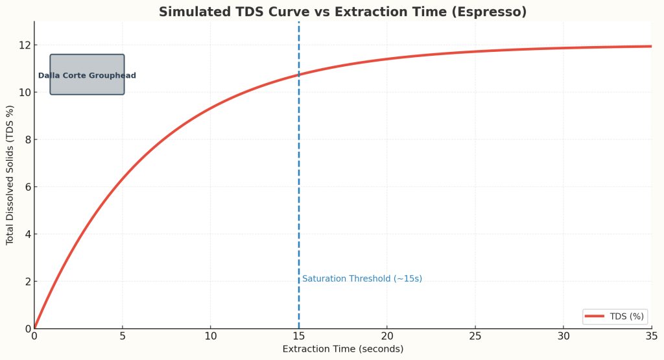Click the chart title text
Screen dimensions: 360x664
tap(342, 12)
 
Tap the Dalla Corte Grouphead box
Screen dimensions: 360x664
tap(87, 75)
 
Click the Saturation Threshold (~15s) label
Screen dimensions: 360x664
tap(362, 279)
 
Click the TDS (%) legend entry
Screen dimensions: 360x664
tap(614, 317)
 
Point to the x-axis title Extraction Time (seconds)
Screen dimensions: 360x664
tap(342, 349)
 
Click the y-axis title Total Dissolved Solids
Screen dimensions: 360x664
tap(10, 175)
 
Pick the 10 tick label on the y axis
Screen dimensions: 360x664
tap(24, 93)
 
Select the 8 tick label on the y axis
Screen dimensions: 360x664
tap(27, 140)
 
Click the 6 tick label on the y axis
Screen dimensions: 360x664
tap(27, 187)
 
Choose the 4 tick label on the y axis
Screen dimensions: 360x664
tap(27, 234)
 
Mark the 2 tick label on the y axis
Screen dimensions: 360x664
tap(27, 282)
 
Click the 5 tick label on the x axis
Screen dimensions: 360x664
tap(123, 336)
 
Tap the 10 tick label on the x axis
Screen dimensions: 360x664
tap(211, 336)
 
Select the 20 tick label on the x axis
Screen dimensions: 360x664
tap(387, 336)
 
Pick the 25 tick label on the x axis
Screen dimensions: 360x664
tap(475, 336)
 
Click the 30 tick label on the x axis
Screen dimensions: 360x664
tap(563, 336)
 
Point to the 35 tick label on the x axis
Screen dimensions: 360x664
tap(652, 336)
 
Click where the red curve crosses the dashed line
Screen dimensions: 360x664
tap(299, 75)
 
